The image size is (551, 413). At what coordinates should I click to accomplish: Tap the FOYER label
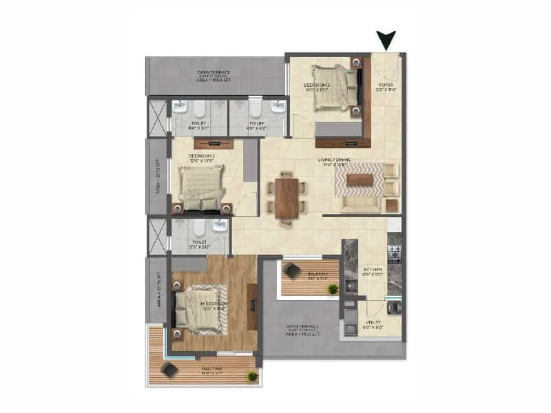[387, 86]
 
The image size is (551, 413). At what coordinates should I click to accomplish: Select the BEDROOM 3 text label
[318, 86]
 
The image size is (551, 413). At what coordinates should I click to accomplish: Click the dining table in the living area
[284, 198]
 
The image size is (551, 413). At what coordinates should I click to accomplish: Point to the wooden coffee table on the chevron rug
[360, 180]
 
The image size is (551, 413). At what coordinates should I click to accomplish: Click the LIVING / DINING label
[334, 160]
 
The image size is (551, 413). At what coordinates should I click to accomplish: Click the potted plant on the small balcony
[333, 289]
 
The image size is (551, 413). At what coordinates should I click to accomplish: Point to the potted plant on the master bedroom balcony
[253, 376]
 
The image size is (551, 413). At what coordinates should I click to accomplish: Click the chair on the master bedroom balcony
[169, 370]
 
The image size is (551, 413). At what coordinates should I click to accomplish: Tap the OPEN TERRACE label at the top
[214, 74]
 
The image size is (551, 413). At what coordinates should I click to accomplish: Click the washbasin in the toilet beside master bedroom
[220, 226]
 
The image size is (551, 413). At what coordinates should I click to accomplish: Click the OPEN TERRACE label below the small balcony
[304, 332]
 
